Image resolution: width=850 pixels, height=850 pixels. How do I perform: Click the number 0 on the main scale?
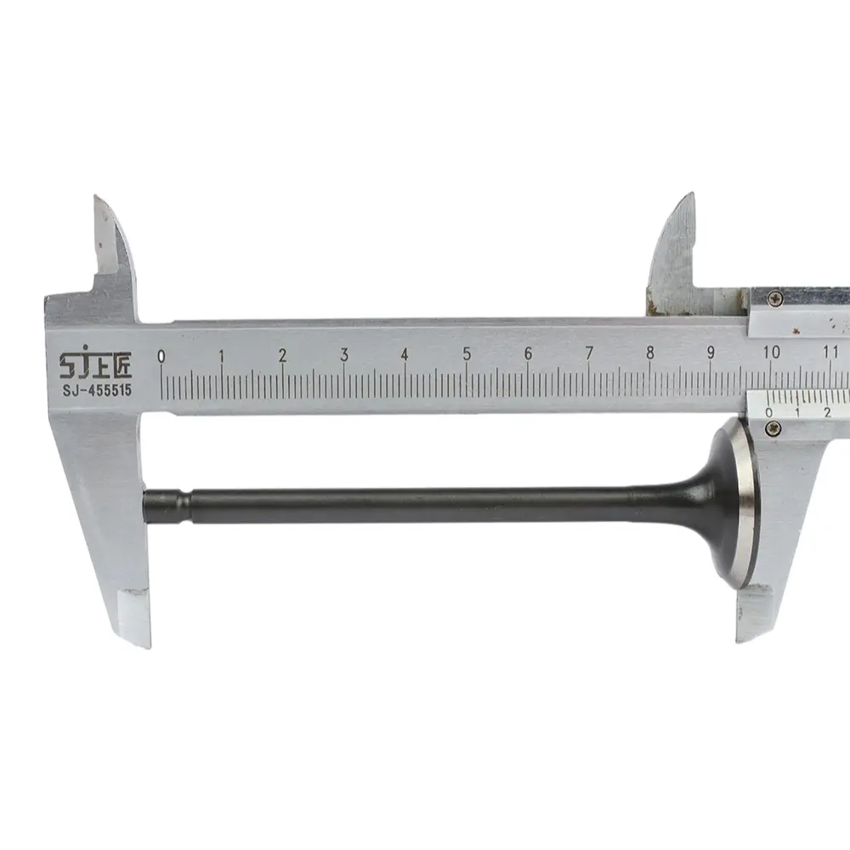point(161,356)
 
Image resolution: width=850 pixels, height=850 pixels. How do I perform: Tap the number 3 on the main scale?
point(343,354)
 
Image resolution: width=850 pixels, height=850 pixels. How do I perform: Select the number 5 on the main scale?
point(466,354)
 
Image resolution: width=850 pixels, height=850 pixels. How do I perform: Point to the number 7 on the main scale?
point(589,353)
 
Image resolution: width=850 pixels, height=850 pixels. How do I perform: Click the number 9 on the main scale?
point(711,353)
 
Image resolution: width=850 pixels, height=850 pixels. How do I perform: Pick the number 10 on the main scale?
point(772,352)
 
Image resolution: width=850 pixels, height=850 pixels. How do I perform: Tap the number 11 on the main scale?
point(830,351)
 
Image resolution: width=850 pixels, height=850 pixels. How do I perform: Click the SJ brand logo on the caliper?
point(95,364)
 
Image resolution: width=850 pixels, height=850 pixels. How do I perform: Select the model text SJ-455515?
point(97,390)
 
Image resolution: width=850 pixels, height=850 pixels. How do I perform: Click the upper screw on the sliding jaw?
point(776,297)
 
